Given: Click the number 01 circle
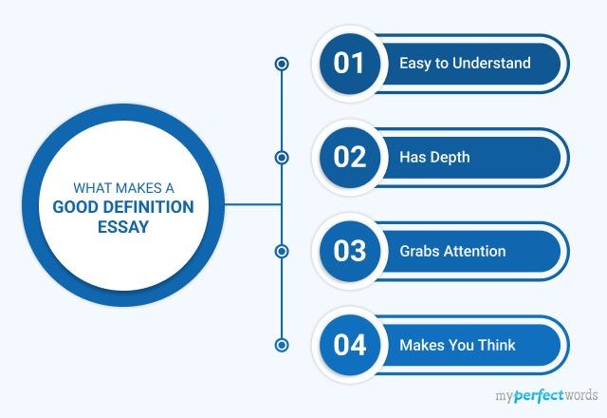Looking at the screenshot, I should click(349, 64).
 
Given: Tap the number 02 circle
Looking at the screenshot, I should click(349, 157).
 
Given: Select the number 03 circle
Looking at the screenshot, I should click(349, 251).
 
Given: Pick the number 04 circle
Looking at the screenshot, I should click(349, 344).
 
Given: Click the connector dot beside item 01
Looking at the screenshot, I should click(281, 64).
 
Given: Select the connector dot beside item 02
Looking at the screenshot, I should click(281, 157).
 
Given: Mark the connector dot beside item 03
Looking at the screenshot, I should click(281, 251).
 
